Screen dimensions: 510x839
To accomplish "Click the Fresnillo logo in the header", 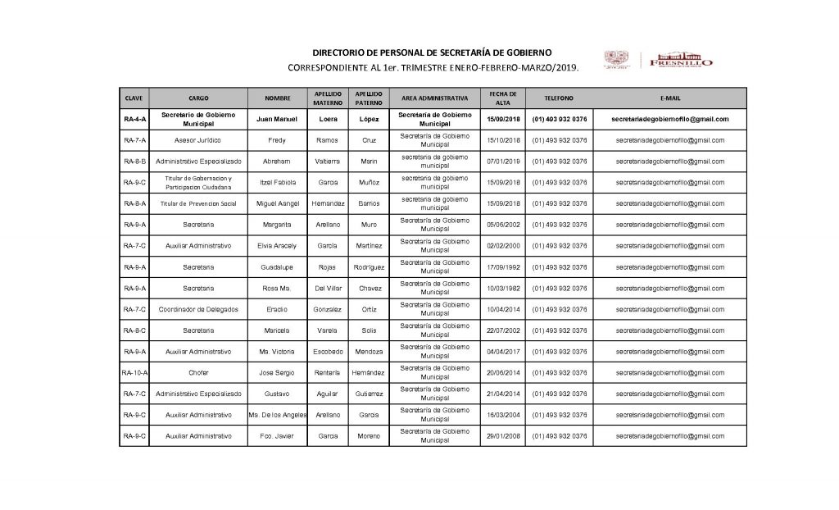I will click(x=679, y=60).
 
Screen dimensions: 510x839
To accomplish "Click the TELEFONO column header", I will click(x=559, y=98).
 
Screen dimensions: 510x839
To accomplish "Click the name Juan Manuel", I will click(x=278, y=119).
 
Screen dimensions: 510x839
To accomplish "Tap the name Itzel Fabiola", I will click(x=278, y=182).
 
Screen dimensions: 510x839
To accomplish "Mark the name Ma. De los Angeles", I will click(x=278, y=415).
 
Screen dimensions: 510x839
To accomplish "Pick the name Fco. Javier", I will click(x=278, y=435).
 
